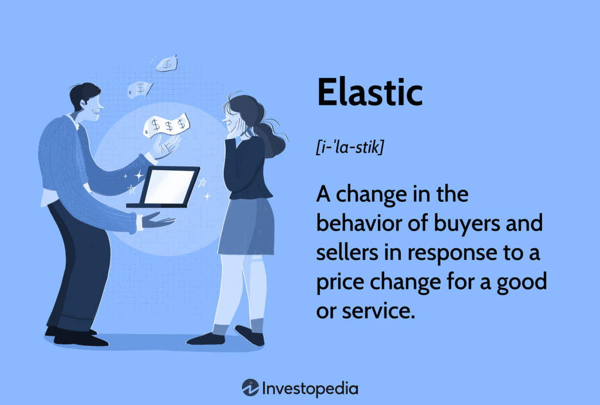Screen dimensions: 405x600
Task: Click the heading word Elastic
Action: (x=369, y=92)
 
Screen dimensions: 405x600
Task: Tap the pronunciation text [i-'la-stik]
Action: (x=350, y=148)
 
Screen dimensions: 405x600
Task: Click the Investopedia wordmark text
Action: (x=311, y=388)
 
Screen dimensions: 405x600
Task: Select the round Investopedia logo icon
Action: (x=251, y=388)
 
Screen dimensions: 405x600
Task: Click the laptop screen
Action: (x=168, y=186)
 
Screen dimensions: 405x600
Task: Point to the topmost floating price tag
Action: (x=166, y=63)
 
